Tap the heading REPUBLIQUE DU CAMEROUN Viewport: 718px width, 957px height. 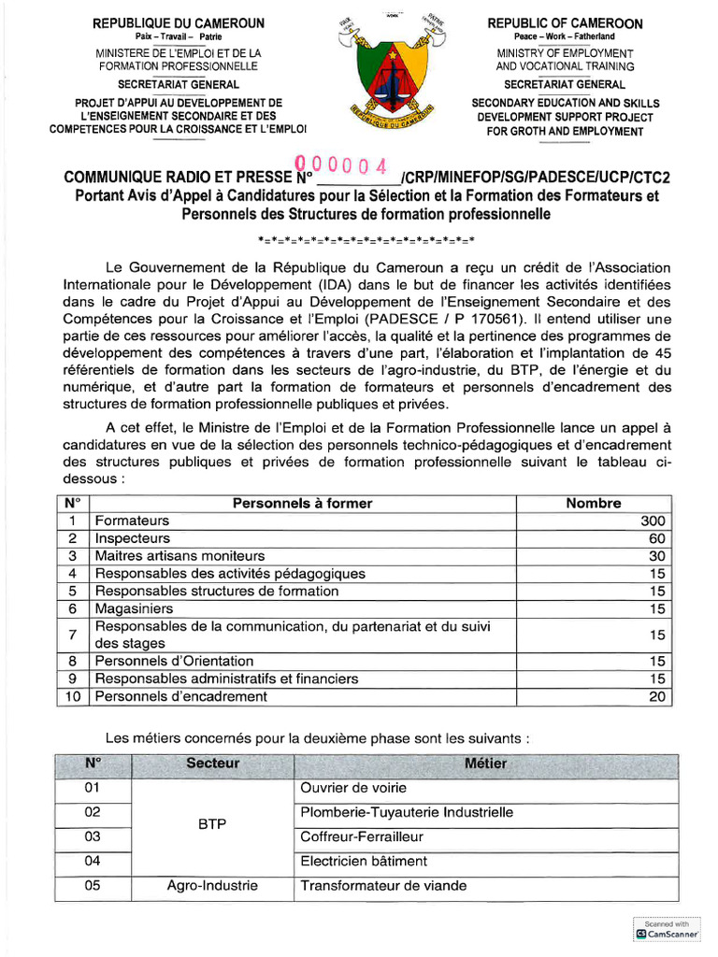coord(179,23)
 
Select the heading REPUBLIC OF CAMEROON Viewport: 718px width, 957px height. coord(565,23)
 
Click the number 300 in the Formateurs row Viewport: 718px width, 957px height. coord(652,521)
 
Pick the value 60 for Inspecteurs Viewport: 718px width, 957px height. coord(656,538)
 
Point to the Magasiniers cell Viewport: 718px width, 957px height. coord(132,608)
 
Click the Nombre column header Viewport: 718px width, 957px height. coord(593,504)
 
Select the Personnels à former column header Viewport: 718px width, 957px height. coord(302,504)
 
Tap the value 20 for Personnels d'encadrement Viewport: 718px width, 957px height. coord(656,696)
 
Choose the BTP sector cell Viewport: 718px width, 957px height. coord(212,824)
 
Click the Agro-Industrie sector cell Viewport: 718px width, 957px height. coord(212,886)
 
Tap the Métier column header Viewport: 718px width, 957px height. coord(485,764)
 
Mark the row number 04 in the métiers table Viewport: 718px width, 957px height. coord(92,861)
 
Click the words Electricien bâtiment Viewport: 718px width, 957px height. coord(364,861)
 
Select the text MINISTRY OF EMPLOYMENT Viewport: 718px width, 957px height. coord(565,53)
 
